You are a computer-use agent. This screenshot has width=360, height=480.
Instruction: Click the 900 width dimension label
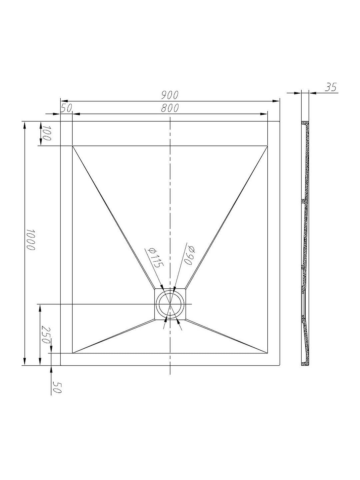[170, 95]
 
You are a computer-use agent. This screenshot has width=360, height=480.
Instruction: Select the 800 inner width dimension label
[170, 108]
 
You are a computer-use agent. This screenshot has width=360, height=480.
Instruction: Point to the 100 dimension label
[46, 133]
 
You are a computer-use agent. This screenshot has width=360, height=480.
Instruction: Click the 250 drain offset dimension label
[46, 335]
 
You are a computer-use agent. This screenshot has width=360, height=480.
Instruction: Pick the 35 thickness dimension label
[331, 87]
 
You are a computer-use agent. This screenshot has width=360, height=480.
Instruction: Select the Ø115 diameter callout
[155, 257]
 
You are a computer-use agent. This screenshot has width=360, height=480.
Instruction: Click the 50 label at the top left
[66, 108]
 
